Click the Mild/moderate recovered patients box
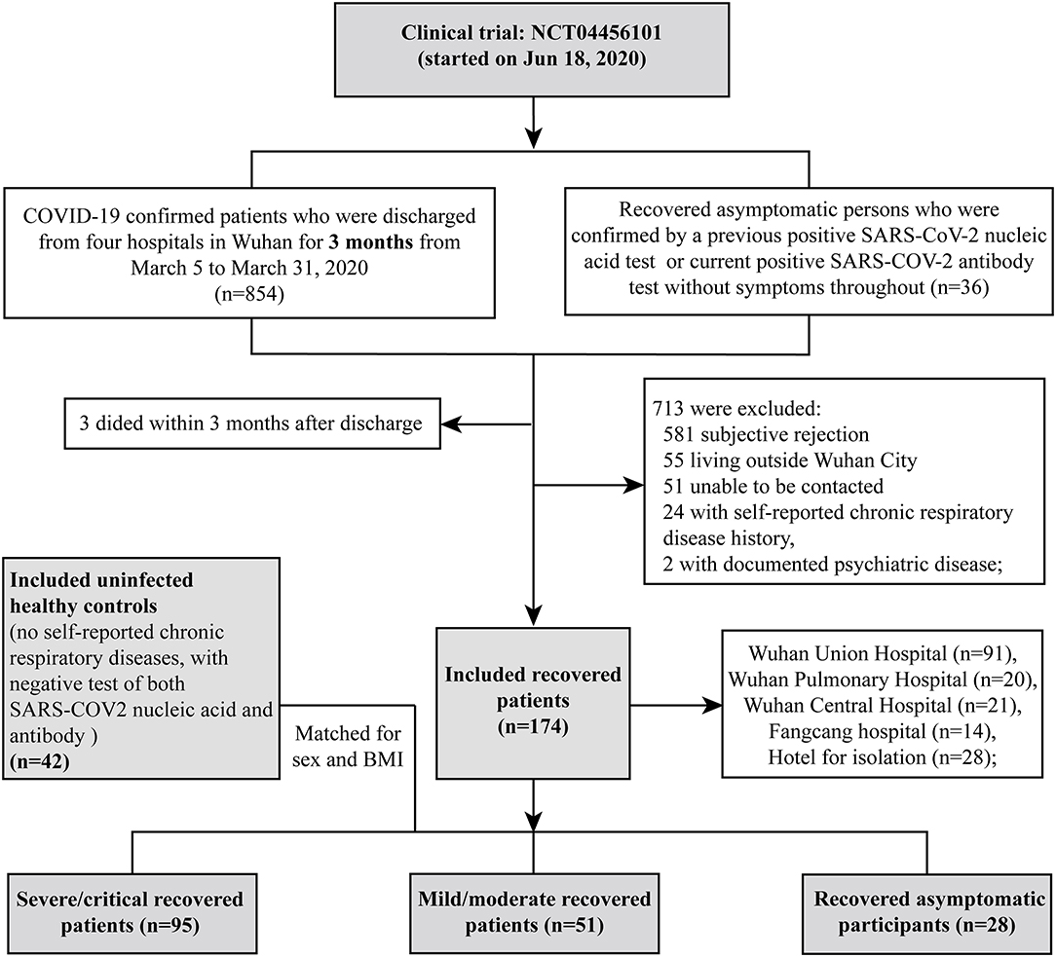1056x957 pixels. pyautogui.click(x=533, y=909)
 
